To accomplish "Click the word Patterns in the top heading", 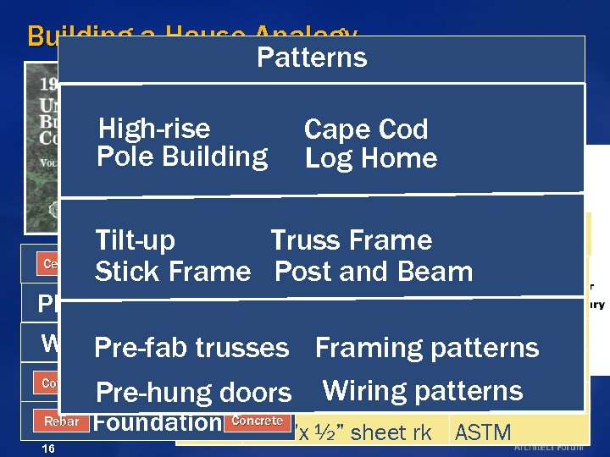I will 311,58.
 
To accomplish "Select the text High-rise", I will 153,129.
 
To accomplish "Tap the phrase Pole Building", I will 182,157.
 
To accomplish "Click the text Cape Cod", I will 365,129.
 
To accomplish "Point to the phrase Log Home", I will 370,158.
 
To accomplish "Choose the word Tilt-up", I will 135,240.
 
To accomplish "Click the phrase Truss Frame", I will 351,240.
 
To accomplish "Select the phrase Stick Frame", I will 172,272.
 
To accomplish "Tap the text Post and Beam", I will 374,272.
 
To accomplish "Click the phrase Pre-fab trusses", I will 191,348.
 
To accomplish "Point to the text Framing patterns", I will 426,348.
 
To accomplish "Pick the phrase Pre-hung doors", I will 193,393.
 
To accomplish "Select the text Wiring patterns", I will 422,391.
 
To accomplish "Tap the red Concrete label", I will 257,421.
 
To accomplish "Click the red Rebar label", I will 61,421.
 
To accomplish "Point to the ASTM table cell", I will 483,433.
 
